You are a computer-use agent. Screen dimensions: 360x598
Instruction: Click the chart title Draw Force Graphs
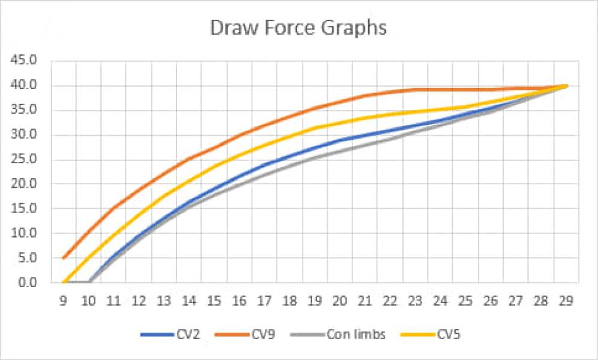pyautogui.click(x=298, y=28)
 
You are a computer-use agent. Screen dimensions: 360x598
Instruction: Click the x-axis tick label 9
pyautogui.click(x=63, y=302)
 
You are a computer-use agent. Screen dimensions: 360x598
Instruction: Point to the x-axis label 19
pyautogui.click(x=315, y=302)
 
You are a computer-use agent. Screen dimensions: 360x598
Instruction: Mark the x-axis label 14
pyautogui.click(x=189, y=302)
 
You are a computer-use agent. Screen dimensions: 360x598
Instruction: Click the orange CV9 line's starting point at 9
pyautogui.click(x=63, y=258)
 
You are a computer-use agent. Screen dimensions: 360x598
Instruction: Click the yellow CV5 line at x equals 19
pyautogui.click(x=315, y=128)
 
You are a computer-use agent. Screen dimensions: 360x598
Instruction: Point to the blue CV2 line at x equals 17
pyautogui.click(x=264, y=164)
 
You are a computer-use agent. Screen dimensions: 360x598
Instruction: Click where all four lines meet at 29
pyautogui.click(x=566, y=86)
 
